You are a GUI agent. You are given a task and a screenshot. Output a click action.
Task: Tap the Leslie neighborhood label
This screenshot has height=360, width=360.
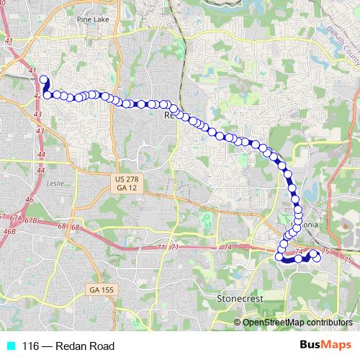(55, 183)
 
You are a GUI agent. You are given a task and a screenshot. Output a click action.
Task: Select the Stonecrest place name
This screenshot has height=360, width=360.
(240, 297)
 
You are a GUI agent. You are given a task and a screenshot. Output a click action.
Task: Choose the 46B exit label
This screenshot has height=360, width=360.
(9, 231)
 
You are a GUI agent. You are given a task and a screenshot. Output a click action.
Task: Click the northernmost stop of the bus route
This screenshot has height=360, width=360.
(42, 80)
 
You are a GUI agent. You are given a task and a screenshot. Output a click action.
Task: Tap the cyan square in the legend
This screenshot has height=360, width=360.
(9, 346)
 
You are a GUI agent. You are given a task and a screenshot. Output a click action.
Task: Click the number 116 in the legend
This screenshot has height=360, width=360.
(30, 346)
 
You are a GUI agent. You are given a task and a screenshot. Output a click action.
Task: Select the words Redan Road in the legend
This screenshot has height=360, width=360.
(87, 346)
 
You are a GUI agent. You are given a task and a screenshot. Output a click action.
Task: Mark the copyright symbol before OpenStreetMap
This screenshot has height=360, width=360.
(238, 323)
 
